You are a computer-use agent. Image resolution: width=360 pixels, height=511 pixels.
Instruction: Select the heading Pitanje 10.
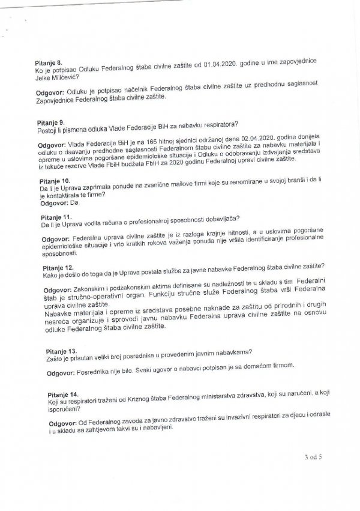(x=53, y=180)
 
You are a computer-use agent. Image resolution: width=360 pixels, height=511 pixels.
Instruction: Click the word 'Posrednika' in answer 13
(x=94, y=373)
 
